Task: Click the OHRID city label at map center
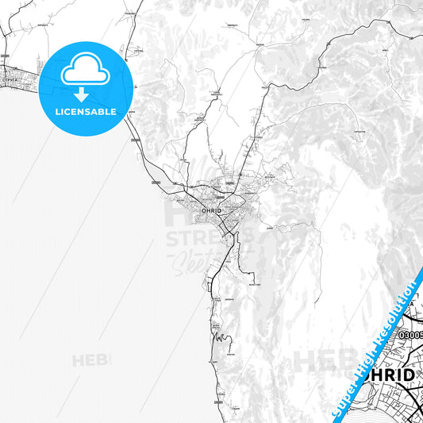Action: (212, 210)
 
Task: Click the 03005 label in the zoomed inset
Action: (411, 336)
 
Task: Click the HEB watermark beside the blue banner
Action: (318, 361)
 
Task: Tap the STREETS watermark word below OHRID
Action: (211, 238)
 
